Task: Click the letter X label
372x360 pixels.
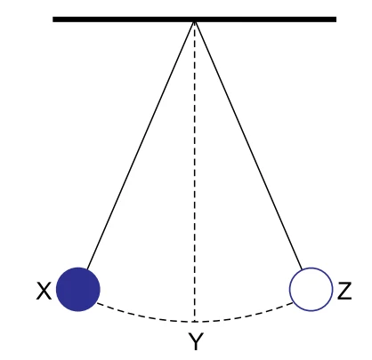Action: point(44,291)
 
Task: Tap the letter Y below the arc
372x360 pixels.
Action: point(196,341)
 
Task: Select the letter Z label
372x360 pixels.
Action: point(344,291)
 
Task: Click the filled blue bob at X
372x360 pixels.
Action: point(78,289)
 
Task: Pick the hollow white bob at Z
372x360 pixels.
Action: point(311,289)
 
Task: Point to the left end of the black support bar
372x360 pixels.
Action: point(53,20)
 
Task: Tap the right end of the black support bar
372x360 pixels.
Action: point(336,20)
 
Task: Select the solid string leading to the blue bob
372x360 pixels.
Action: point(141,145)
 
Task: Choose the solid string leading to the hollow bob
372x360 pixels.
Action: point(248,146)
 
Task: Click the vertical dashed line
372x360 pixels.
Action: point(195,172)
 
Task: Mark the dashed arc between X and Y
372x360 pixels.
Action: point(144,316)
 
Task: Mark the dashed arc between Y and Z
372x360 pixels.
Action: point(245,316)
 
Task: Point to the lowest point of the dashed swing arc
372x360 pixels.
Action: point(195,322)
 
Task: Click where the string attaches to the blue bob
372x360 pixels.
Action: point(86,268)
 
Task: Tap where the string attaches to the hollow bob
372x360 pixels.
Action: point(302,269)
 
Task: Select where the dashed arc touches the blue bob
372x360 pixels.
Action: point(97,303)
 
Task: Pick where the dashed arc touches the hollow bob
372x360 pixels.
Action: point(293,303)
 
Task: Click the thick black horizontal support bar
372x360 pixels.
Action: point(194,20)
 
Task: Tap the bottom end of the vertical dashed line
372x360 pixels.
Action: point(195,322)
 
